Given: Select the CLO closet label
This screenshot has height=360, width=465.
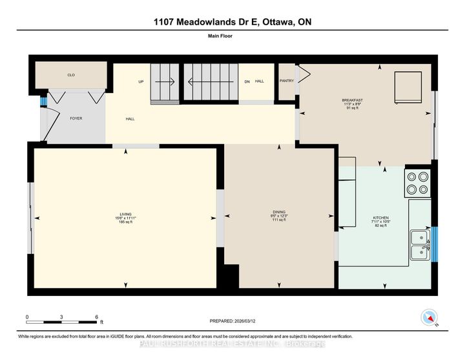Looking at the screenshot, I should (x=71, y=75).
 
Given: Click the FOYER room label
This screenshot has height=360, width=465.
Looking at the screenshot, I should (x=76, y=119).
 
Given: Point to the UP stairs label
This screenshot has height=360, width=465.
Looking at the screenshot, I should (x=140, y=82).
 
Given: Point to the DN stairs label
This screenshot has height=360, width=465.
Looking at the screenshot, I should (x=247, y=82).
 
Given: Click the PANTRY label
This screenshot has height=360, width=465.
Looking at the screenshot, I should (x=287, y=81).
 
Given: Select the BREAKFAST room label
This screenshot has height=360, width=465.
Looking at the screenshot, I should (x=352, y=100).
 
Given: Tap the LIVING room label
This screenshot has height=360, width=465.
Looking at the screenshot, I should (x=125, y=214).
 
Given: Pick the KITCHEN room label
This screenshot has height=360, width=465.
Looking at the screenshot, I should (x=381, y=218).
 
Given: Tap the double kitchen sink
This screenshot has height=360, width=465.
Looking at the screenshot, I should (x=420, y=244).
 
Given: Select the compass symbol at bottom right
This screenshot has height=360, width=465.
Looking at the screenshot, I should (x=429, y=317).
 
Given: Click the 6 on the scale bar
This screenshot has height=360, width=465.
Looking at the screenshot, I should (x=96, y=317).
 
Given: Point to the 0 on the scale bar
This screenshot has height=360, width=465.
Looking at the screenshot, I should (x=27, y=317).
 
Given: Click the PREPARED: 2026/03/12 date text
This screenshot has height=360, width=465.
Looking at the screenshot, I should (x=232, y=321).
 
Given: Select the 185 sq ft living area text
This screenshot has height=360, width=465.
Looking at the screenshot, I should (x=125, y=222).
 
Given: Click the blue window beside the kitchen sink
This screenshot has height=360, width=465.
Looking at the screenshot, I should (x=434, y=244).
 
